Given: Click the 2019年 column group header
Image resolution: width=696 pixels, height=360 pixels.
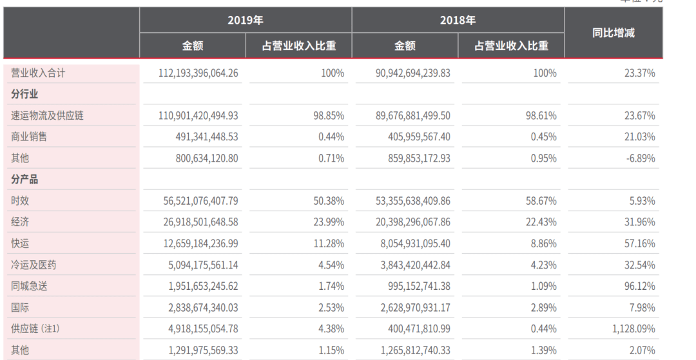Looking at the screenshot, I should pyautogui.click(x=246, y=21).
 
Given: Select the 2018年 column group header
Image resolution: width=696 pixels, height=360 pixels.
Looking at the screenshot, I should pyautogui.click(x=458, y=21).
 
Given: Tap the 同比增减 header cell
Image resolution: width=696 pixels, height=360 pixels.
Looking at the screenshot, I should pyautogui.click(x=613, y=33).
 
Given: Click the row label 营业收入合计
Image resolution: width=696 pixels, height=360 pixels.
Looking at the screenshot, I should pyautogui.click(x=38, y=73).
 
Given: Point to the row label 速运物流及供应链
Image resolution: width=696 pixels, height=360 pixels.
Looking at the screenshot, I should pyautogui.click(x=47, y=116).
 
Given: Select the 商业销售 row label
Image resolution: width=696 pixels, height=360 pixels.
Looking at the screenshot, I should pyautogui.click(x=29, y=137).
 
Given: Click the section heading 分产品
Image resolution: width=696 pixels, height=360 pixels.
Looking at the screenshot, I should pyautogui.click(x=24, y=180).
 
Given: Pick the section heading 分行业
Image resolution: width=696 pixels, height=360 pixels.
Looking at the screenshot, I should pyautogui.click(x=24, y=95).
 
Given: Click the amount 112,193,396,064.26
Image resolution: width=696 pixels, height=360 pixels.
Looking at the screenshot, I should pyautogui.click(x=198, y=73).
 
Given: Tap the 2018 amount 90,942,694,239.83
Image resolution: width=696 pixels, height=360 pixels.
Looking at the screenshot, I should pyautogui.click(x=413, y=73).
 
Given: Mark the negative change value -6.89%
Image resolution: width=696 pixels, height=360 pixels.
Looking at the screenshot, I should pyautogui.click(x=641, y=158).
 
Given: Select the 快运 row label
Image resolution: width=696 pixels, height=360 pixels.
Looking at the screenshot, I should pyautogui.click(x=20, y=243).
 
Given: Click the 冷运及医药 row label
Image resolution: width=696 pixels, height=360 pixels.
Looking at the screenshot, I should pyautogui.click(x=34, y=265).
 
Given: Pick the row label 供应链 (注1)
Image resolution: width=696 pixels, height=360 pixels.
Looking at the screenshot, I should pyautogui.click(x=35, y=328).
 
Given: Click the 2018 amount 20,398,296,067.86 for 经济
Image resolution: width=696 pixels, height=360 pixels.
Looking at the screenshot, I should pyautogui.click(x=413, y=222).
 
